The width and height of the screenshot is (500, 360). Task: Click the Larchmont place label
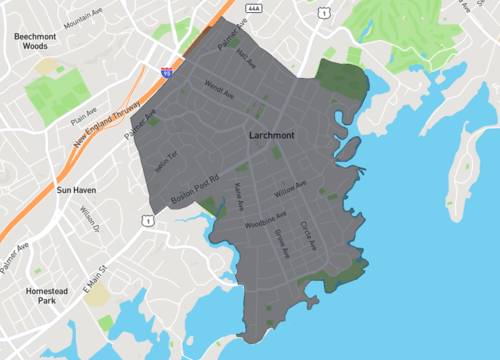[272, 133]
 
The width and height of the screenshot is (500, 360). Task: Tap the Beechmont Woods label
[37, 40]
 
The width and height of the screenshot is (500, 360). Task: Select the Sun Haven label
[77, 189]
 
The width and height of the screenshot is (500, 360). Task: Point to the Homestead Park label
[39, 295]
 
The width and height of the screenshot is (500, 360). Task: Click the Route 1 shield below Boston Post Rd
[147, 220]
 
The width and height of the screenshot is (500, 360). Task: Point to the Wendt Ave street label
[219, 90]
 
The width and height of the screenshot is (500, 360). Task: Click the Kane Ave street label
[239, 190]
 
